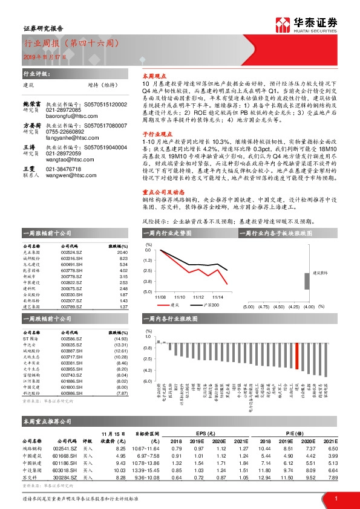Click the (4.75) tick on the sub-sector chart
[263, 307]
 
